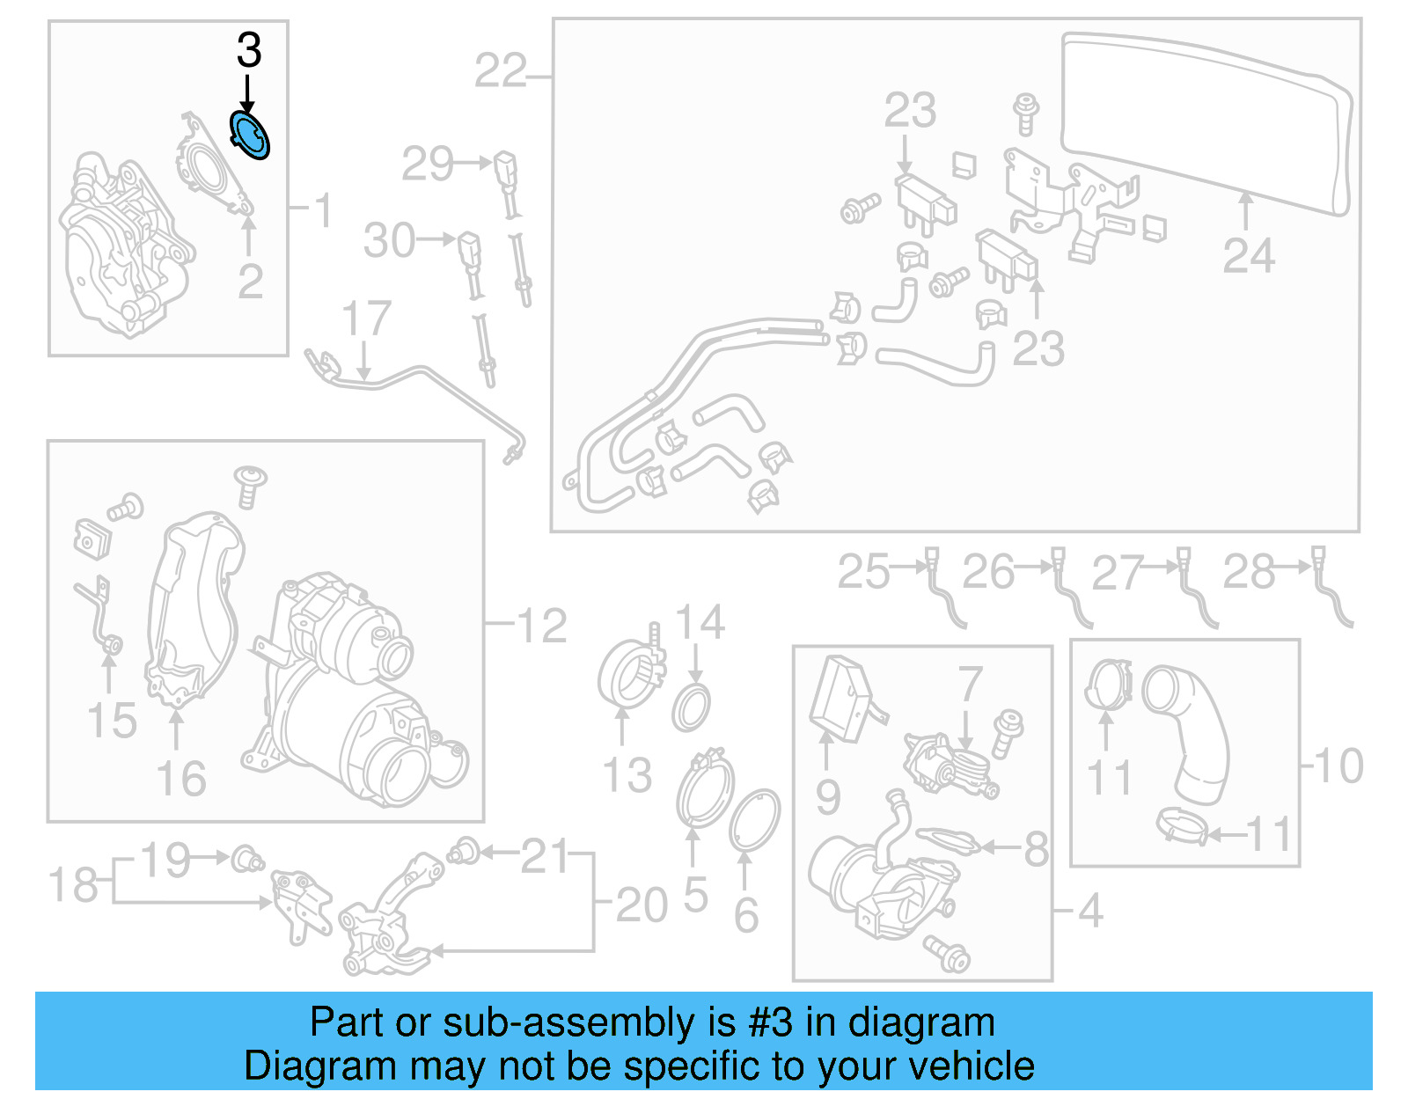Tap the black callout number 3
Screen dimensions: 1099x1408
pos(249,51)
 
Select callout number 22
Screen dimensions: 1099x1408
pos(500,71)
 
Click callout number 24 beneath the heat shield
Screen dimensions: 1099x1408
pos(1248,256)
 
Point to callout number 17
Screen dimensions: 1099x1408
pos(366,319)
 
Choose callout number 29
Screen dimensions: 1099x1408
pos(428,165)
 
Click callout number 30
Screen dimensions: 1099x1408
pos(389,241)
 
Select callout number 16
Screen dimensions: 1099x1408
pos(180,780)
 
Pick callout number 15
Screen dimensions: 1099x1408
pos(112,721)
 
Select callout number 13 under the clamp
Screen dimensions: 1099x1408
pos(627,776)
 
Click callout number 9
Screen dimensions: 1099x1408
pos(827,797)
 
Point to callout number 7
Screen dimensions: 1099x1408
pos(969,684)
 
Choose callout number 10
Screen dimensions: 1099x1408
pos(1338,766)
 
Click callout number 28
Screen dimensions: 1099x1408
pos(1249,573)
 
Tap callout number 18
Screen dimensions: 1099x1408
pos(72,885)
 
